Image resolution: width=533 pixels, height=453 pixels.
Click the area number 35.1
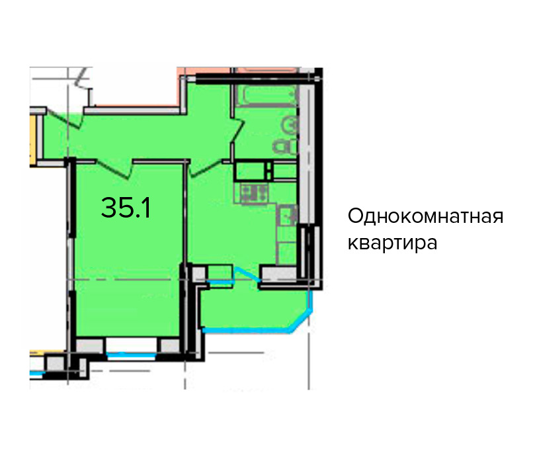pyautogui.click(x=126, y=208)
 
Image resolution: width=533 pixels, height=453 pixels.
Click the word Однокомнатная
pyautogui.click(x=425, y=216)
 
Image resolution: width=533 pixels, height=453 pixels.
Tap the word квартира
pyautogui.click(x=392, y=243)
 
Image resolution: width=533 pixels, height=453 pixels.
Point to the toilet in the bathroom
pyautogui.click(x=285, y=147)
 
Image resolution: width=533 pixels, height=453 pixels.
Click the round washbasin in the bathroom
pyautogui.click(x=290, y=125)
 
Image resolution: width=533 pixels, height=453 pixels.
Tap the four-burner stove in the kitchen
pyautogui.click(x=254, y=193)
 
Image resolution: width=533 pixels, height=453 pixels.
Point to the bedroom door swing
pyautogui.click(x=114, y=168)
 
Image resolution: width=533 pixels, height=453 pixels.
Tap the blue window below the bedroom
pyautogui.click(x=132, y=356)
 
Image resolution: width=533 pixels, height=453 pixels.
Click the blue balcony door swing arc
pyautogui.click(x=248, y=273)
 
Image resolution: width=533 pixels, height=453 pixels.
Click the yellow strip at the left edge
pyautogui.click(x=33, y=141)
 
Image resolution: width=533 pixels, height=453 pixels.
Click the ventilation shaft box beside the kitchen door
pyautogui.click(x=251, y=170)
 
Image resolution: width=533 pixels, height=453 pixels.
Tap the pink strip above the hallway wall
pyautogui.click(x=136, y=105)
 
